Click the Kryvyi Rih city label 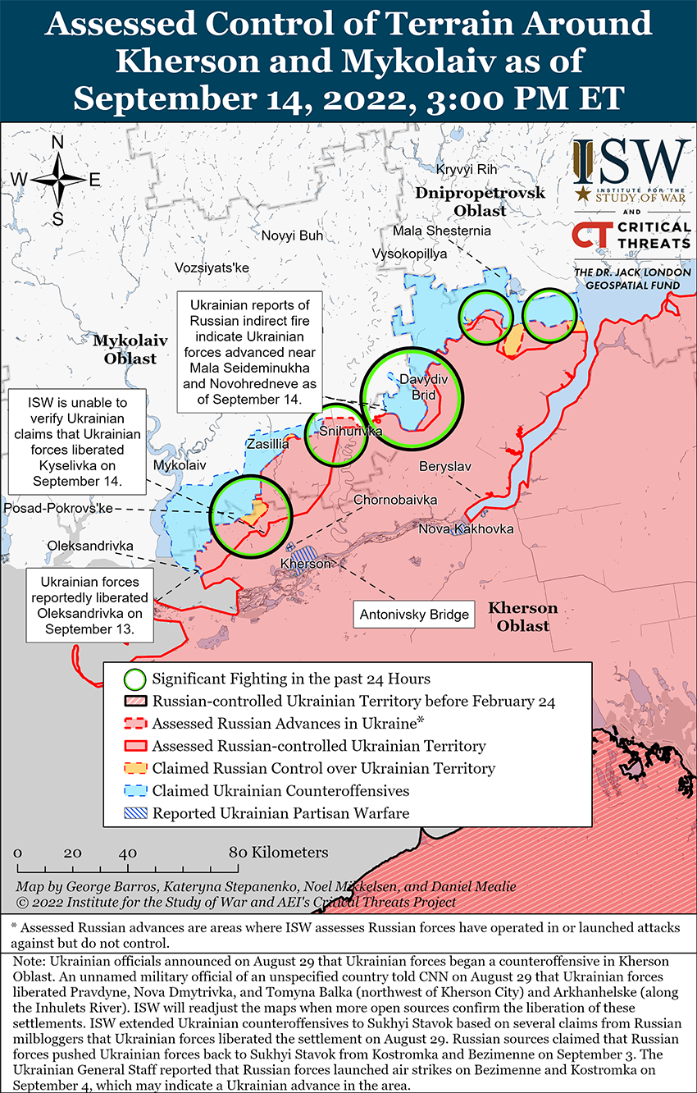(x=467, y=169)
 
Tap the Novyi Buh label (x=292, y=236)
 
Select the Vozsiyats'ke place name (x=212, y=268)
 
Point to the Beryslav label (x=445, y=466)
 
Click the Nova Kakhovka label (x=466, y=528)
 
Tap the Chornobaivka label (x=395, y=500)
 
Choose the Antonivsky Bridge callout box (x=414, y=614)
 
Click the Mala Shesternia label (x=441, y=231)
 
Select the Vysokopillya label (x=409, y=254)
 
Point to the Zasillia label (x=267, y=444)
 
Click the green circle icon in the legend (x=135, y=679)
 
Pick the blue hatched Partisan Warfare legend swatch (x=135, y=813)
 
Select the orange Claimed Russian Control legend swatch (x=135, y=769)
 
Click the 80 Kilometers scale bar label (x=279, y=853)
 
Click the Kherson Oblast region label (x=523, y=617)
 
